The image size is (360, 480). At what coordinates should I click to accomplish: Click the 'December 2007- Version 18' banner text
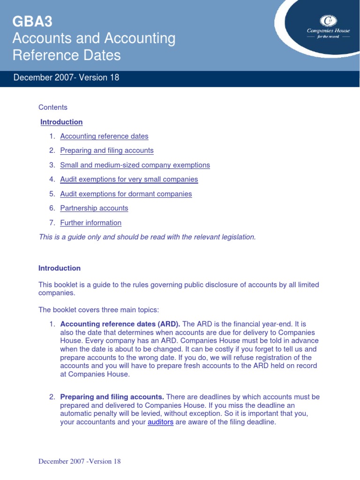[x=67, y=78]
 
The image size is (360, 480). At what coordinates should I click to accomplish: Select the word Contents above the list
[x=53, y=107]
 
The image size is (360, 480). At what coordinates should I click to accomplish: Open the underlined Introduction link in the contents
[x=61, y=122]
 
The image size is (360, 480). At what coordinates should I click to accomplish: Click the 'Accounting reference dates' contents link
[x=104, y=136]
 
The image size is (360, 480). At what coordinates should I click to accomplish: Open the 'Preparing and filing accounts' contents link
[x=107, y=150]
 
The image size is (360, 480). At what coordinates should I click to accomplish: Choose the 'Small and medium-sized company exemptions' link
[x=135, y=165]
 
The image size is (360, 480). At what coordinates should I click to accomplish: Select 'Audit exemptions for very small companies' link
[x=129, y=180]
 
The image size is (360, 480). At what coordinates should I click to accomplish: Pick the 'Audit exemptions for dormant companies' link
[x=126, y=194]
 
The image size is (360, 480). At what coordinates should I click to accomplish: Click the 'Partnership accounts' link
[x=94, y=208]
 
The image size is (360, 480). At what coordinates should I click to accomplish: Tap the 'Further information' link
[x=91, y=223]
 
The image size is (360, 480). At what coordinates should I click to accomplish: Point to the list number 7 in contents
[x=52, y=223]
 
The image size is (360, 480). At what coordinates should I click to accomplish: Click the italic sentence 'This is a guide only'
[x=147, y=237]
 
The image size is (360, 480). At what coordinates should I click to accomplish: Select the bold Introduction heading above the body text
[x=60, y=268]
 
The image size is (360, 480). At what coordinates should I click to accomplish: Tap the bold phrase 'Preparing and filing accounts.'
[x=112, y=397]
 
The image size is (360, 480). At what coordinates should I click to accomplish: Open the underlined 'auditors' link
[x=160, y=422]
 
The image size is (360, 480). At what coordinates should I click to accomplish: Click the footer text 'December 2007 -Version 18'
[x=80, y=461]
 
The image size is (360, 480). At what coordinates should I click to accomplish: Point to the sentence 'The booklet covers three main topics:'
[x=99, y=310]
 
